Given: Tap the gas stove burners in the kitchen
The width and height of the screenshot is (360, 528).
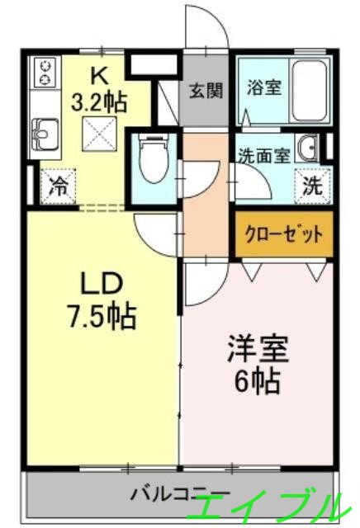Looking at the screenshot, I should click(x=43, y=72).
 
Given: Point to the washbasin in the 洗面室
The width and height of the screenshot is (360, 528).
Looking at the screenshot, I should click(x=310, y=148).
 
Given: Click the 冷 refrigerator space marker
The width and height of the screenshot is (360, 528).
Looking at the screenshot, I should click(x=59, y=185).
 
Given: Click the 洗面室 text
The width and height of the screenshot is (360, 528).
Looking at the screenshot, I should click(x=263, y=155).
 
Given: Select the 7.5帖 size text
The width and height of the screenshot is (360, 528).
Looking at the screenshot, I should click(x=102, y=315).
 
